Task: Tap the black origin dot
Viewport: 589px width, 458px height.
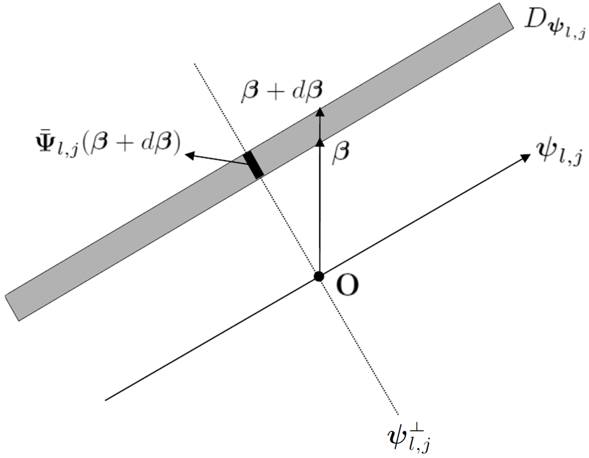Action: click(x=319, y=276)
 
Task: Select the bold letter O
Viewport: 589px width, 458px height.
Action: click(x=348, y=286)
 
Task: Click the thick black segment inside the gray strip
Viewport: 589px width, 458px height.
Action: click(x=253, y=164)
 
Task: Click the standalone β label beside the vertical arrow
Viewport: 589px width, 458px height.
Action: click(x=341, y=152)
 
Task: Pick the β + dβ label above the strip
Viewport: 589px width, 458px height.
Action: click(x=282, y=90)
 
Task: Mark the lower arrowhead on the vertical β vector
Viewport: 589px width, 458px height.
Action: click(x=320, y=143)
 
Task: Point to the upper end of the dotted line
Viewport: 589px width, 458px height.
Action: click(x=195, y=64)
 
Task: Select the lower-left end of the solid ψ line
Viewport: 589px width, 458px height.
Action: click(x=106, y=400)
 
